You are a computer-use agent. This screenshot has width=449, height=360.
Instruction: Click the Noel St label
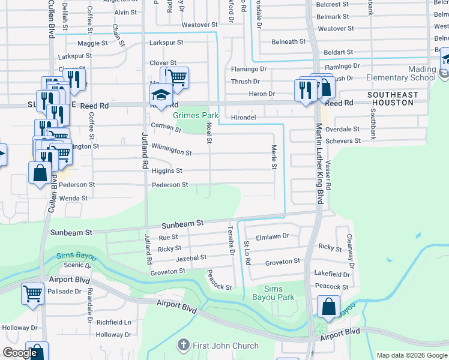[209, 133]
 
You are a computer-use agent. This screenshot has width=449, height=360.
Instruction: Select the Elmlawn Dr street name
[273, 236]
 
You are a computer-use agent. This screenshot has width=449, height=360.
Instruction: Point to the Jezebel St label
[191, 257]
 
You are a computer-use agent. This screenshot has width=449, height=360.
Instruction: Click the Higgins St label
[166, 170]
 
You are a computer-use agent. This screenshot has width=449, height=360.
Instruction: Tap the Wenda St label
[73, 198]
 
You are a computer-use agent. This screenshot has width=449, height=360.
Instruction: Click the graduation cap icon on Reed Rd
[161, 94]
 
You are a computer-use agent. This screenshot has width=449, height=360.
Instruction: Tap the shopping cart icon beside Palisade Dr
[32, 293]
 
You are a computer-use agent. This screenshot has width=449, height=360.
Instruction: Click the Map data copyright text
[411, 355]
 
